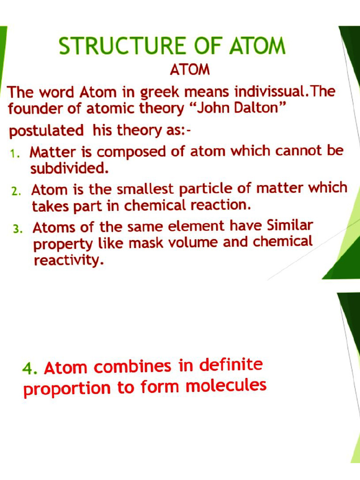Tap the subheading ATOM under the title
189,70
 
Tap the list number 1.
14,153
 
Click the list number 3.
17,229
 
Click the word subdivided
69,168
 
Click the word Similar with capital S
289,226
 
